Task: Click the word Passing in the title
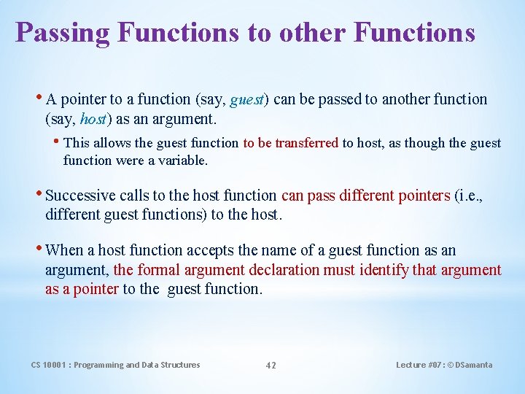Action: point(62,33)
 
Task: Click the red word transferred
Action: point(306,143)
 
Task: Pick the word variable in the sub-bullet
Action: point(182,160)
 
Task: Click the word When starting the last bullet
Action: point(64,250)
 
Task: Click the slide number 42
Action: point(271,366)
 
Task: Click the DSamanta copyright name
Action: point(473,365)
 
